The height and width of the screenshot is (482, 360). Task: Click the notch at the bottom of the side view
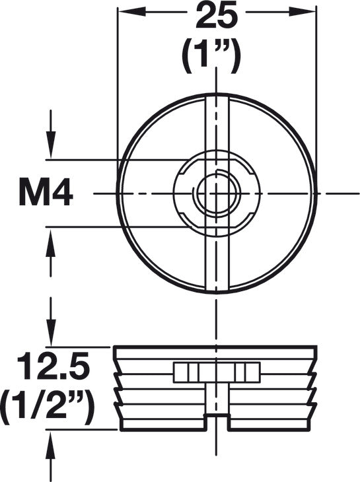coord(216,423)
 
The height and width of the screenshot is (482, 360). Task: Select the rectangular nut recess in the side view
coord(216,372)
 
